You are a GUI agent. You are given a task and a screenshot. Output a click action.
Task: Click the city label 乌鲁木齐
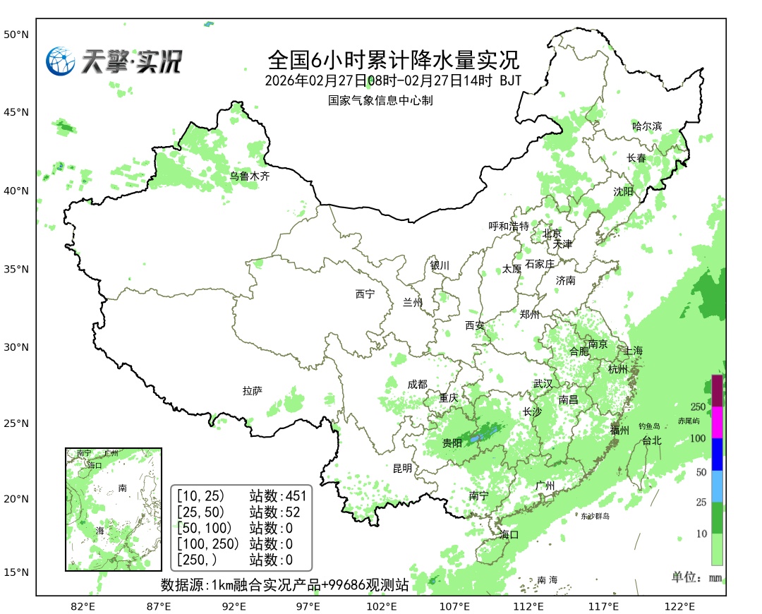click(x=250, y=176)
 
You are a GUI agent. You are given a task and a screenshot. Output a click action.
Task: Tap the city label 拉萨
click(x=252, y=390)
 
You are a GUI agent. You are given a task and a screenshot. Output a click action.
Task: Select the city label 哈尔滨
click(x=647, y=126)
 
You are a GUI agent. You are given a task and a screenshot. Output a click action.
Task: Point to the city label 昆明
click(x=402, y=468)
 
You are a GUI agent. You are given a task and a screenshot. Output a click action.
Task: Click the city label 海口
click(x=509, y=534)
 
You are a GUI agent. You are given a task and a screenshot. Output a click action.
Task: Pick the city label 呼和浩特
click(x=509, y=226)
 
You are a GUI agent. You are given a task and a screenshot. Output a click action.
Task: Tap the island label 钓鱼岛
click(x=648, y=426)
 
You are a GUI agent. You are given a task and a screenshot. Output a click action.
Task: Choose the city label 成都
click(x=417, y=384)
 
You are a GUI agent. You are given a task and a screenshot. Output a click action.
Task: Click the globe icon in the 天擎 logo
click(x=61, y=61)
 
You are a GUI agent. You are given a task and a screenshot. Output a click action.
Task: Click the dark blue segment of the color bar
click(x=717, y=455)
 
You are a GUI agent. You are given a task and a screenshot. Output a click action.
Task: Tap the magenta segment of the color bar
click(x=717, y=423)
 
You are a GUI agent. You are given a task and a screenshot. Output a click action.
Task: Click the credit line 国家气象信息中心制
click(x=380, y=100)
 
